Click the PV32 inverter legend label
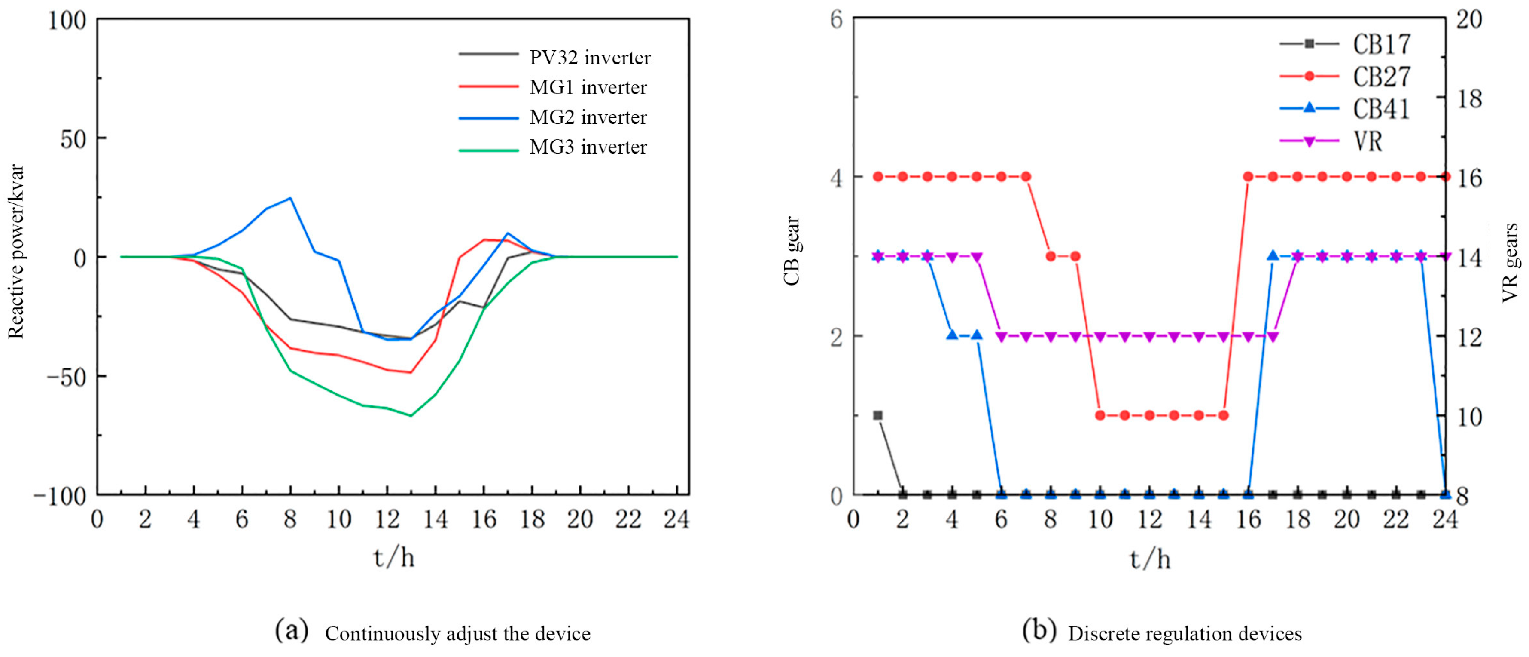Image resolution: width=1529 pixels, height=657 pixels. [x=589, y=58]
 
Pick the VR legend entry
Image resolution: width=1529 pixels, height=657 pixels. [x=1368, y=141]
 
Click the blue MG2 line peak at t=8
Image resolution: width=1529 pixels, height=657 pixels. [x=290, y=198]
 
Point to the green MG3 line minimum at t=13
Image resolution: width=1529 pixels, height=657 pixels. [x=411, y=416]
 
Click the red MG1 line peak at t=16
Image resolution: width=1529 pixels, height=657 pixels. [x=484, y=240]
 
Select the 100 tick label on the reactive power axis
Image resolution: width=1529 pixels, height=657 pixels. [x=67, y=20]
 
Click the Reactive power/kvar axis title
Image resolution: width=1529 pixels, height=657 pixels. [x=16, y=251]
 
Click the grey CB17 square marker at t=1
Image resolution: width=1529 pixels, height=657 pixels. [x=878, y=415]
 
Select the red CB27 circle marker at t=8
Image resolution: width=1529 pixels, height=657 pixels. [x=1051, y=256]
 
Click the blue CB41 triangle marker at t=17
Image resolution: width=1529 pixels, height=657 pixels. [x=1273, y=255]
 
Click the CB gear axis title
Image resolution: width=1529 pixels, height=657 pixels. [x=792, y=251]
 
